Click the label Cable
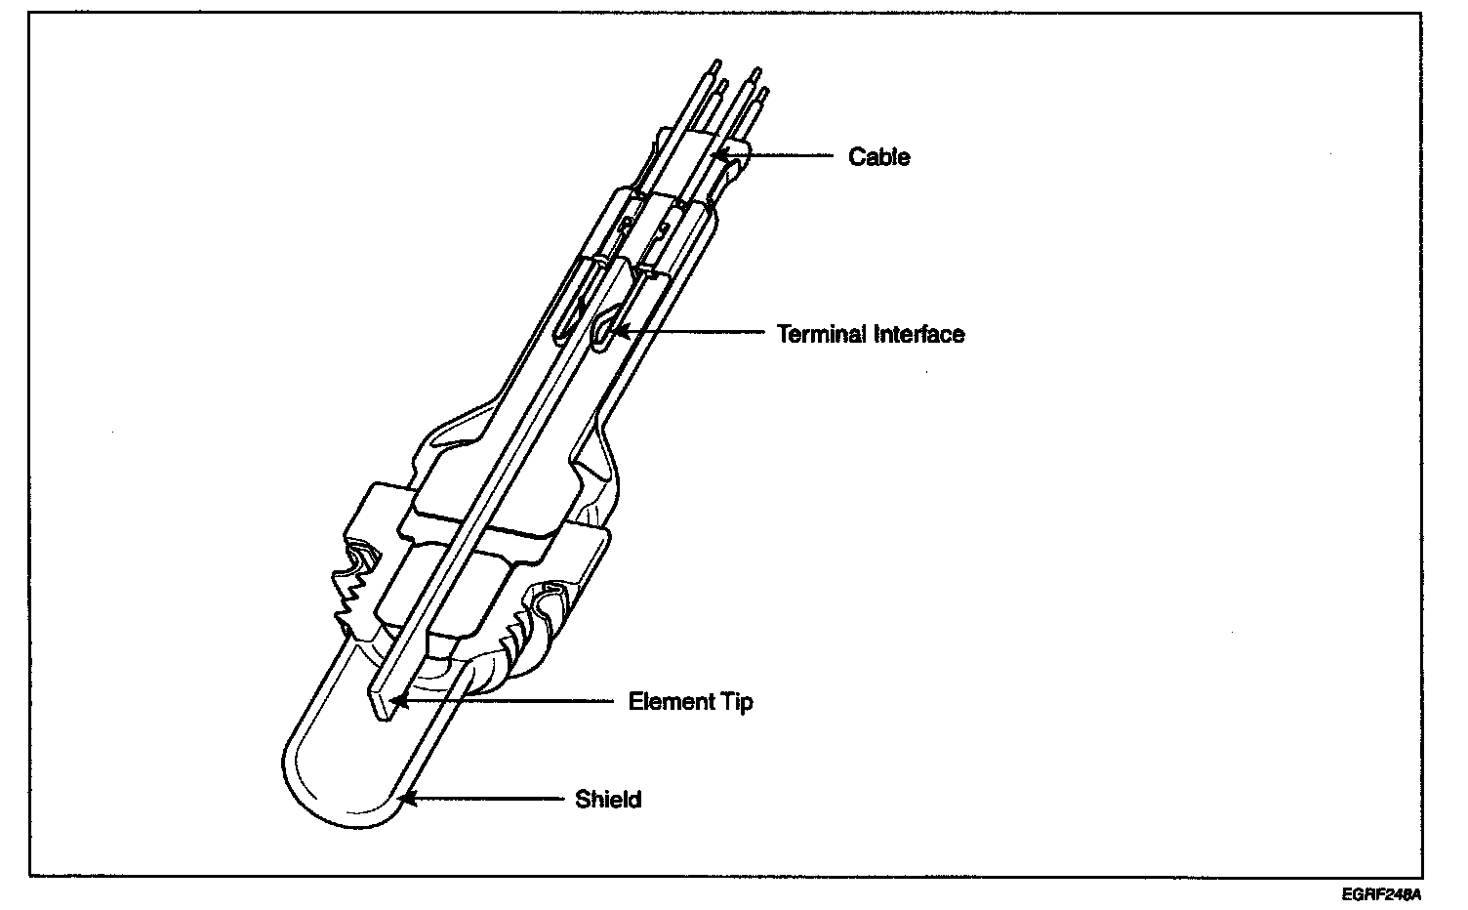(878, 157)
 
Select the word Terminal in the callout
(821, 334)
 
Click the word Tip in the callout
(737, 702)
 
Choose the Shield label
(608, 800)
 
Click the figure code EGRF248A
(1380, 893)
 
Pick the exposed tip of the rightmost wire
(764, 93)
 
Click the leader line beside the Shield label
(488, 799)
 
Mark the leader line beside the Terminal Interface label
(693, 333)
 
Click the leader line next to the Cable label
(781, 155)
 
